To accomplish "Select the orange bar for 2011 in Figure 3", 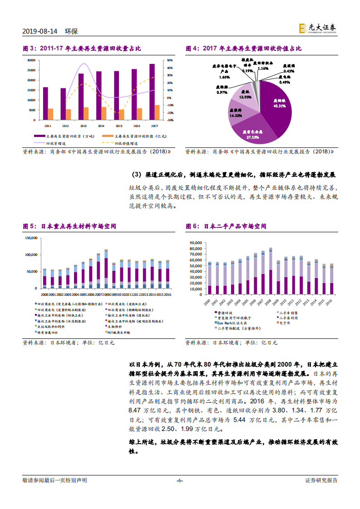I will pos(50,114).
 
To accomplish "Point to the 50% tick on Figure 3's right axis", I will pos(169,60).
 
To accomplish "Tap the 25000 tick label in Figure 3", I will pos(31,70).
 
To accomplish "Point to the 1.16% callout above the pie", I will pos(263,68).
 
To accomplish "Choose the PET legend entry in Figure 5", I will pos(122,332).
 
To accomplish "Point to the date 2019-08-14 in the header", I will pos(40,31).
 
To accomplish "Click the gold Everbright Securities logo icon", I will pos(302,28).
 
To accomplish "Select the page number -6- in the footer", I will pos(180,480).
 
